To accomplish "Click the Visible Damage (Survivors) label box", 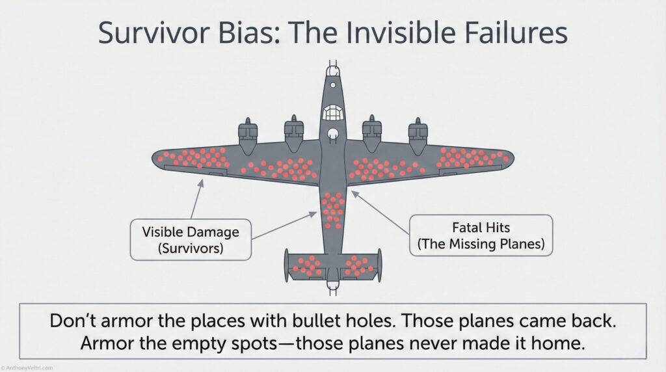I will point(191,239).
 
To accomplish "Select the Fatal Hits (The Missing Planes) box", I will point(481,237).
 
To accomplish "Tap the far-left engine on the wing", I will point(247,130).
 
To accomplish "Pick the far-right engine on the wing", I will point(418,130).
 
